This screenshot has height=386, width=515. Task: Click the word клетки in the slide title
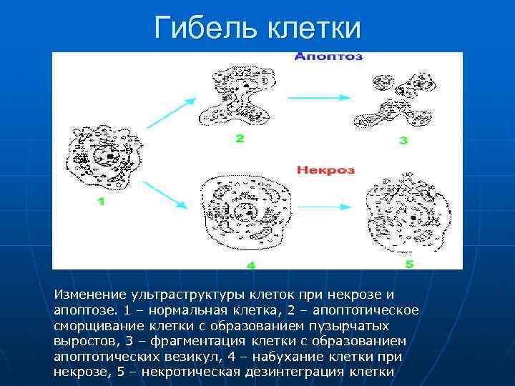[x=315, y=29]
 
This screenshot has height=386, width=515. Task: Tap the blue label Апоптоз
[x=328, y=56]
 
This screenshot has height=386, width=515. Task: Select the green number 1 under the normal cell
[x=100, y=202]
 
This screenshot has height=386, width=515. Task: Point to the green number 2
[x=240, y=139]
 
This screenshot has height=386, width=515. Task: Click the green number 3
[x=403, y=141]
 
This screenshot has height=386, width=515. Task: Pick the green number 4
[x=251, y=265]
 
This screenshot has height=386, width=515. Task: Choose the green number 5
[x=409, y=264]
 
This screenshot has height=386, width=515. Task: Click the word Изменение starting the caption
[x=89, y=295]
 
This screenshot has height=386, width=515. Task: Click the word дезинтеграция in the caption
[x=302, y=372]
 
